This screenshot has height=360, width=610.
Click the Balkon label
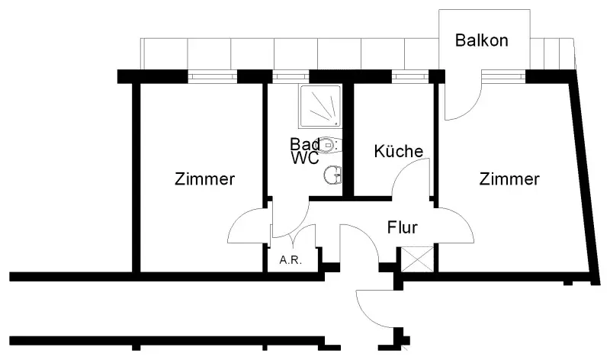481,40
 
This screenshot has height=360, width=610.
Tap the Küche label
398,151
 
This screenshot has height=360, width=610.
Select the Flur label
403,227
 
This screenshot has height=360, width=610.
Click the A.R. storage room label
291,260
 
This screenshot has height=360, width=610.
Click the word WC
304,159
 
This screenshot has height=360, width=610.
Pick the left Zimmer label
204,180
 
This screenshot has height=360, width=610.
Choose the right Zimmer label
509,179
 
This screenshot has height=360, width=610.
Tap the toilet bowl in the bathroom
329,144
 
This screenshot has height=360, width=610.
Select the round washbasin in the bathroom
332,175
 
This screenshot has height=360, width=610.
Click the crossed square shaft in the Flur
419,259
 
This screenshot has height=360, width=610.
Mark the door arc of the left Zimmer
246,226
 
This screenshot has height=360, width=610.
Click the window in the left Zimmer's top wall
213,76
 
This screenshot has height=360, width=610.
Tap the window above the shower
286,76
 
